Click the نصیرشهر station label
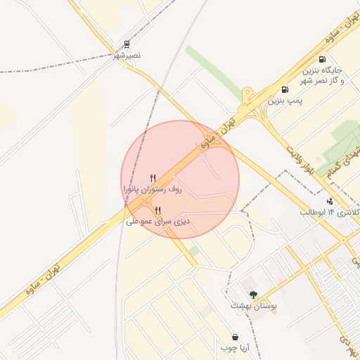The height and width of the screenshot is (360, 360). coord(127,55)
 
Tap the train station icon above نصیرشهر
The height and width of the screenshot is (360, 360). coord(127,44)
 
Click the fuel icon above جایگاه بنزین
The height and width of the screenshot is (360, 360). coord(322,60)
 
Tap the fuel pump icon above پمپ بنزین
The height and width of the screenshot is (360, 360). coord(285,89)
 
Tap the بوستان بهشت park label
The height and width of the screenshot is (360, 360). coord(254,306)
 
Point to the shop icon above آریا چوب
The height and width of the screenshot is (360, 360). coord(234,337)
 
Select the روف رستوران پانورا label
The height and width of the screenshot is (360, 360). coord(153,189)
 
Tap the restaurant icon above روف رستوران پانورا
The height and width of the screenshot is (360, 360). coord(153,178)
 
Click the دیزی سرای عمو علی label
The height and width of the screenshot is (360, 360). coord(158,221)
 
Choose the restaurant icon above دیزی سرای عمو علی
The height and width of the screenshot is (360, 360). coord(157,210)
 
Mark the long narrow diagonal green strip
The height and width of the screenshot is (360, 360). coord(214,73)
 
